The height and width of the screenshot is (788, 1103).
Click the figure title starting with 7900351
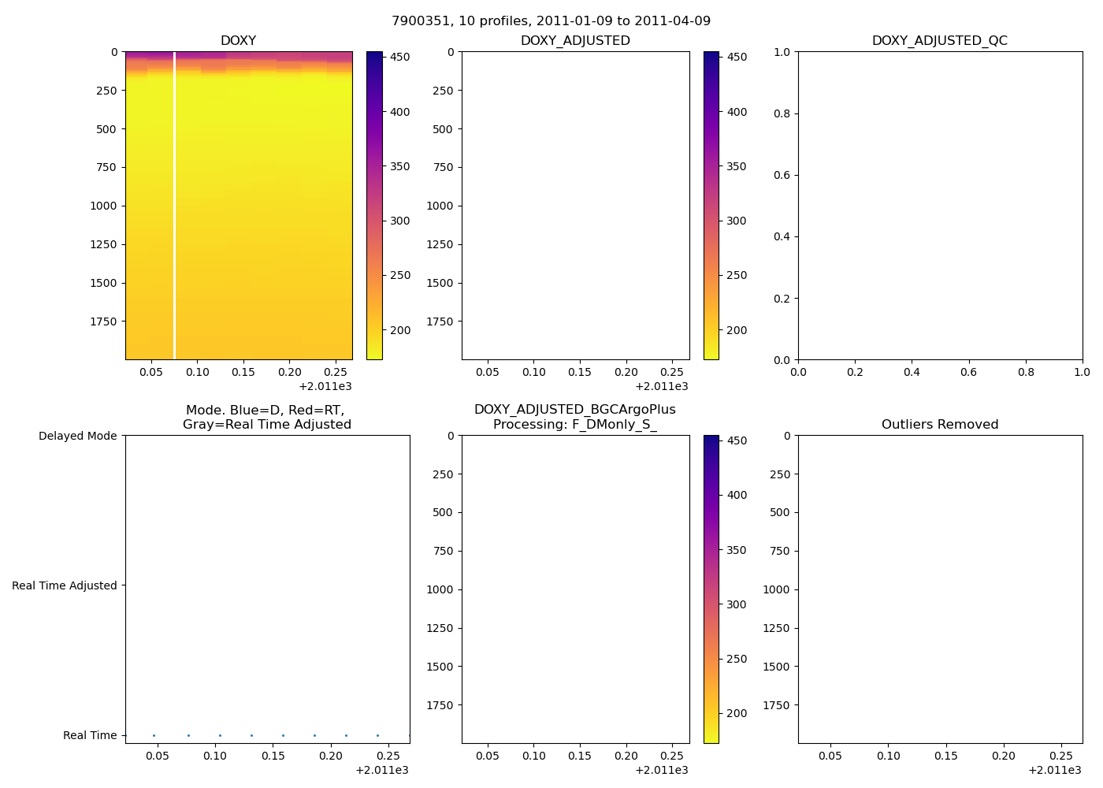tap(551, 20)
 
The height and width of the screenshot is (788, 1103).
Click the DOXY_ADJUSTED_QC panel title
tap(939, 40)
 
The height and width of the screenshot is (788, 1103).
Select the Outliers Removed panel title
tap(939, 424)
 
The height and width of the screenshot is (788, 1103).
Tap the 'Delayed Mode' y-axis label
tap(77, 436)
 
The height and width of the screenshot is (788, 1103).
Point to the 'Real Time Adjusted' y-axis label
tap(64, 585)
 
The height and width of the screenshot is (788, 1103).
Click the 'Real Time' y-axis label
tap(90, 735)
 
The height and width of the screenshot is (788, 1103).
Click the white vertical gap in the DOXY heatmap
tap(174, 205)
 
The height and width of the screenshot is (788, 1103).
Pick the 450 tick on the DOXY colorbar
tap(400, 57)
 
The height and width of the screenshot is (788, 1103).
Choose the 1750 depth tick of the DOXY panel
tap(106, 322)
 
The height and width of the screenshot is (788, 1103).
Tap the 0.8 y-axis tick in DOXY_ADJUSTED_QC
tap(781, 113)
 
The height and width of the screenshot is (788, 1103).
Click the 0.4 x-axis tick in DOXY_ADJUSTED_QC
tap(912, 372)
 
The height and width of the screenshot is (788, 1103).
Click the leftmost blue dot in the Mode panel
tap(154, 735)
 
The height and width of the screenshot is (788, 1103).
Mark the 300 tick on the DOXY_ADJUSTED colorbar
tap(737, 221)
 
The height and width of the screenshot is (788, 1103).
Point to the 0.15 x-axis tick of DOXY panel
tap(243, 372)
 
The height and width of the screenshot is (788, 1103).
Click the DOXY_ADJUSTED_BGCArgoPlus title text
tap(574, 410)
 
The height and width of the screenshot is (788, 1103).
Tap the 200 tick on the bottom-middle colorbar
tap(737, 713)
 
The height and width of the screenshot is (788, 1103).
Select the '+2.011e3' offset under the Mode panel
tap(381, 770)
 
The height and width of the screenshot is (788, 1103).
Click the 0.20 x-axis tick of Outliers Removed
tap(1003, 756)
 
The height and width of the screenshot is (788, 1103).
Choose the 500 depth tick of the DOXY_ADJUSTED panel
tap(443, 129)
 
